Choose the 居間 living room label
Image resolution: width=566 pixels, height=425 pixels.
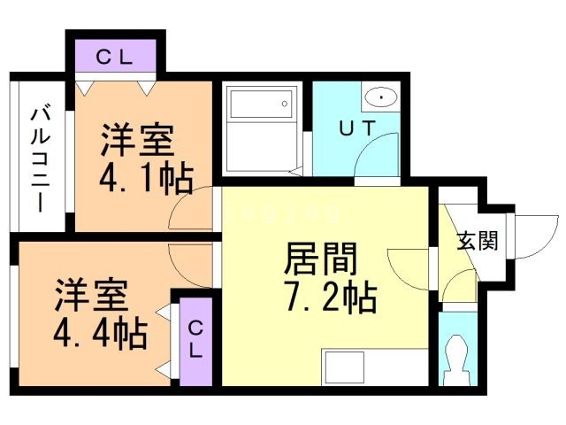coord(320,259)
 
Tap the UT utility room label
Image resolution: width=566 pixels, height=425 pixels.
coord(358,127)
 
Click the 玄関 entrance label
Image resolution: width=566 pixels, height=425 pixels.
coord(476,241)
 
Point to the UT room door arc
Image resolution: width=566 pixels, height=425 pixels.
coord(371,159)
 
